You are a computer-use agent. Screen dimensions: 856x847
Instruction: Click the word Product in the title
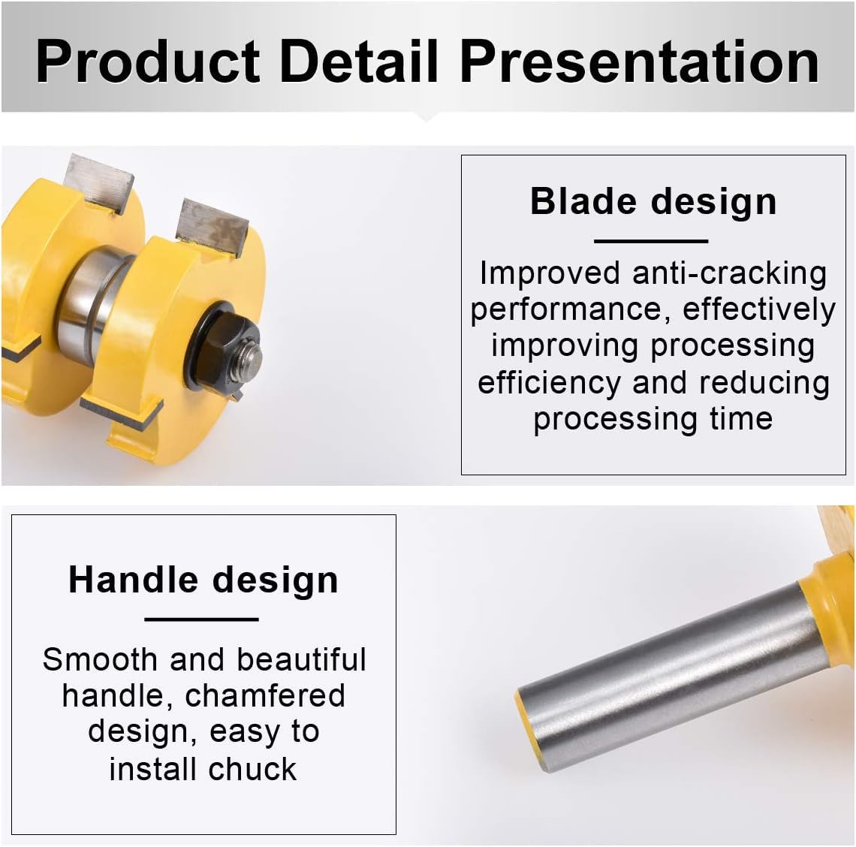point(148,62)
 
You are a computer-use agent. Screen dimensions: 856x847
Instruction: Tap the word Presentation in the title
point(639,62)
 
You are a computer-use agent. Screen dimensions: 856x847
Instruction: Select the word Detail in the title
point(359,61)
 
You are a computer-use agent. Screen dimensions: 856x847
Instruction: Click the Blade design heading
point(653,202)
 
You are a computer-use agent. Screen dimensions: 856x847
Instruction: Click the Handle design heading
point(203,580)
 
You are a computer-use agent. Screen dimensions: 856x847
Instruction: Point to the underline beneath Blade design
point(651,241)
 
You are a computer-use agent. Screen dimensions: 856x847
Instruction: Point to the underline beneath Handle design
point(201,619)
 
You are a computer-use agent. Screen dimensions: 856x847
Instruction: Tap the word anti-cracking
point(729,273)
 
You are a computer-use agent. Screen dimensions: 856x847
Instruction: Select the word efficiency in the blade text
point(549,382)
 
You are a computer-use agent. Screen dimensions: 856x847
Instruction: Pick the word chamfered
point(265,695)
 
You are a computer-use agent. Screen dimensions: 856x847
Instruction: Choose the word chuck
point(252,769)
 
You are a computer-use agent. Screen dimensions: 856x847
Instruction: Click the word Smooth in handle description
point(100,659)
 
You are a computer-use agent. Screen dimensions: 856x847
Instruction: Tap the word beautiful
point(301,659)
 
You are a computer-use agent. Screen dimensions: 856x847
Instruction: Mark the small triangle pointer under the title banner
point(427,116)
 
